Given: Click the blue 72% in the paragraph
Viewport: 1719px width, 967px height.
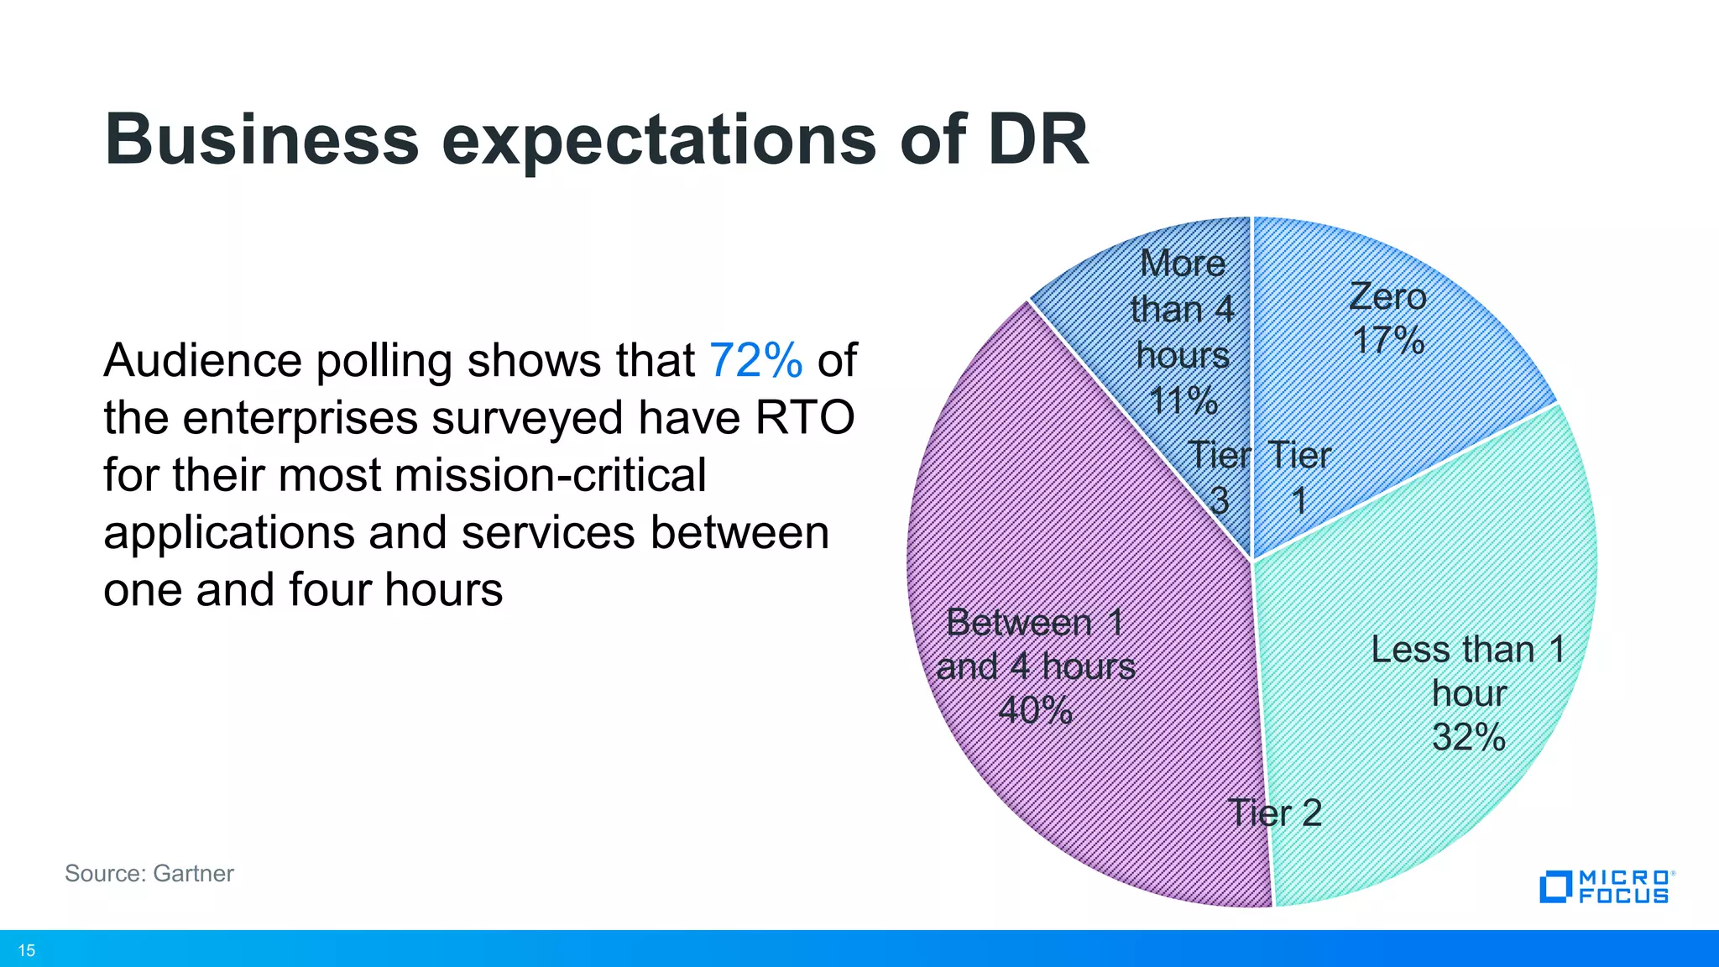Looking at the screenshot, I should pyautogui.click(x=755, y=361).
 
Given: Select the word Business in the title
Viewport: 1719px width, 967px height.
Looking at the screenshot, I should pyautogui.click(x=261, y=139).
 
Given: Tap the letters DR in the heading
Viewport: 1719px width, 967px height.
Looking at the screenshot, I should pyautogui.click(x=1037, y=139).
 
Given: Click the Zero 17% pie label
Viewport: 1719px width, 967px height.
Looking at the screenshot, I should pyautogui.click(x=1387, y=319).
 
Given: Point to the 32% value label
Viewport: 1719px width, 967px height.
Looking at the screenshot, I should pyautogui.click(x=1468, y=737).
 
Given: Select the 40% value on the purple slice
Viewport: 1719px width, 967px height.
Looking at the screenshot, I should pyautogui.click(x=1035, y=710).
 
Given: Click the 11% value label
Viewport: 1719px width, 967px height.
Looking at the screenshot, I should pyautogui.click(x=1183, y=400).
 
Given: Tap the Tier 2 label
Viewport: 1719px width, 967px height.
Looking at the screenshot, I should pyautogui.click(x=1275, y=813).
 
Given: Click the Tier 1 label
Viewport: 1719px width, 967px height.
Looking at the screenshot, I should pyautogui.click(x=1298, y=478).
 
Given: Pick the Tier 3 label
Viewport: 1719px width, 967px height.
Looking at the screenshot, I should pyautogui.click(x=1220, y=478).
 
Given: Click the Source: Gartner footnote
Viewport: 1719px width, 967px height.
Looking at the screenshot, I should pyautogui.click(x=149, y=873).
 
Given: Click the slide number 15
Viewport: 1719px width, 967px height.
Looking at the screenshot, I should pyautogui.click(x=27, y=950).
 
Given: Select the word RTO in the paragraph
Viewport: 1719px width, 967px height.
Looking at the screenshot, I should pyautogui.click(x=805, y=418).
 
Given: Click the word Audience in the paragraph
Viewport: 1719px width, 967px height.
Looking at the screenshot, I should pyautogui.click(x=202, y=361).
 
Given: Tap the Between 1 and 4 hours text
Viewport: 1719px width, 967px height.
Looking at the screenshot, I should pyautogui.click(x=1035, y=645).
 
